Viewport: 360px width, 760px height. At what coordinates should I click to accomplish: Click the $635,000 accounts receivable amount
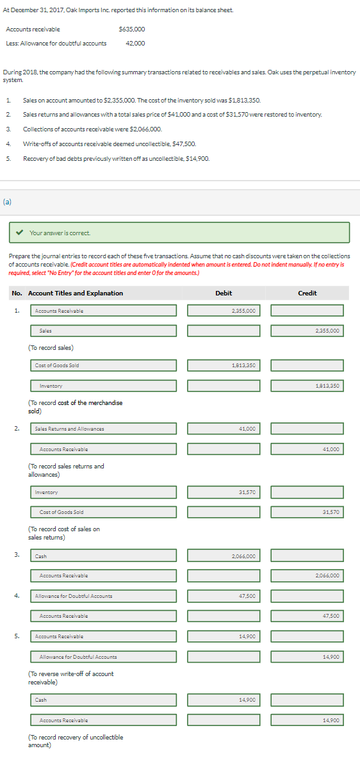pyautogui.click(x=132, y=29)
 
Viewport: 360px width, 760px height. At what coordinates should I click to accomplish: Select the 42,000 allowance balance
pyautogui.click(x=135, y=43)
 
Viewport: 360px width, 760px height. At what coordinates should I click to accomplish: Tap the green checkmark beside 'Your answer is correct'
pyautogui.click(x=20, y=233)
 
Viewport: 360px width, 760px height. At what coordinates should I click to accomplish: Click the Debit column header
pyautogui.click(x=224, y=293)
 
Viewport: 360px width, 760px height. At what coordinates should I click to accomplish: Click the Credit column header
pyautogui.click(x=307, y=293)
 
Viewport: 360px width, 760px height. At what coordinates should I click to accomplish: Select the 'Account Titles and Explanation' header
pyautogui.click(x=76, y=293)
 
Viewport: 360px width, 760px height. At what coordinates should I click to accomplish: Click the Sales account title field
pyautogui.click(x=104, y=331)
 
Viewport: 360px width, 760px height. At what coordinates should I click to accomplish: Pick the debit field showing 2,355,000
pyautogui.click(x=224, y=311)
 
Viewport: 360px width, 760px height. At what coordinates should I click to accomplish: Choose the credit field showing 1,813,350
pyautogui.click(x=307, y=386)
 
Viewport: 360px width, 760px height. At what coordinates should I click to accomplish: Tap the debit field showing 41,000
pyautogui.click(x=224, y=429)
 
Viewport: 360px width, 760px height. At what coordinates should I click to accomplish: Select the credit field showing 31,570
pyautogui.click(x=307, y=512)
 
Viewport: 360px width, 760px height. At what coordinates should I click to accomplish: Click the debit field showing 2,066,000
pyautogui.click(x=224, y=556)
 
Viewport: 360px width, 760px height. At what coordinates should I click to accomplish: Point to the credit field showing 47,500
pyautogui.click(x=307, y=616)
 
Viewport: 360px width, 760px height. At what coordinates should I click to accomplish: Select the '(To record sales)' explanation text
pyautogui.click(x=51, y=347)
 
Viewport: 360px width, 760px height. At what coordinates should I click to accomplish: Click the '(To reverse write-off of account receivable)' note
pyautogui.click(x=71, y=677)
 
